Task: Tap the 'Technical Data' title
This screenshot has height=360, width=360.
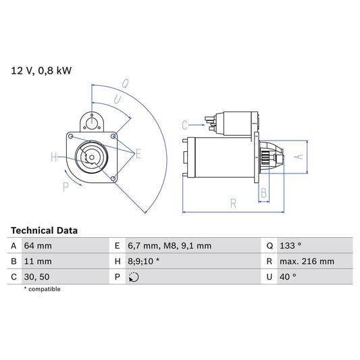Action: [44, 230]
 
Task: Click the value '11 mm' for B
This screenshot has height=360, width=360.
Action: [38, 261]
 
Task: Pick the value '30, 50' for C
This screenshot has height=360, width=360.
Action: [36, 276]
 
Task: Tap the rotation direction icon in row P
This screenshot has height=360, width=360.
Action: [134, 277]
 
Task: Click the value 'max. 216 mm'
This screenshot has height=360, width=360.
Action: [305, 261]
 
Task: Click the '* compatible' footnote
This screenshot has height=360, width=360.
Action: [43, 289]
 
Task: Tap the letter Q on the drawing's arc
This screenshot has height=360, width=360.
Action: [126, 84]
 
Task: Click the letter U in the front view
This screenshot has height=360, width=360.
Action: [117, 100]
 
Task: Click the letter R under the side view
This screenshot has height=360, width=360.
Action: [232, 202]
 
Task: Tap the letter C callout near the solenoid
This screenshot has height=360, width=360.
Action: [184, 124]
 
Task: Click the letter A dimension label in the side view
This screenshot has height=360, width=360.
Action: [301, 157]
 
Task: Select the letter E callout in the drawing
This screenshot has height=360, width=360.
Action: [138, 155]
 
